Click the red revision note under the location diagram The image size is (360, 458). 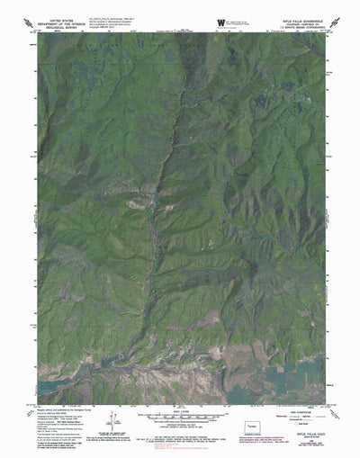pos(256,436)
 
